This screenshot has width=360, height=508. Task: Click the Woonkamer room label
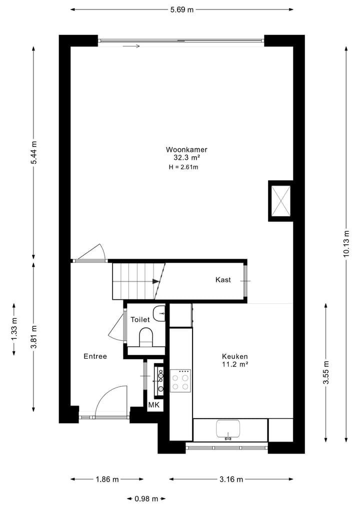tap(186, 149)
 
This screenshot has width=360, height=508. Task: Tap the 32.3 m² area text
tap(186, 157)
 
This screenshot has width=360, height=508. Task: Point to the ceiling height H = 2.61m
tap(184, 167)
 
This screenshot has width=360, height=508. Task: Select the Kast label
tap(223, 280)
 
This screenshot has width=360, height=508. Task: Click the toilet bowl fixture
tap(146, 337)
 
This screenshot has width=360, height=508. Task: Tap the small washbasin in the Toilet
tap(159, 314)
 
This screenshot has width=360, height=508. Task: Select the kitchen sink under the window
tap(228, 429)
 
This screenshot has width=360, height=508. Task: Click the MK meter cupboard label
tap(153, 405)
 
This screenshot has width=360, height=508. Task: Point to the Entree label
tap(95, 356)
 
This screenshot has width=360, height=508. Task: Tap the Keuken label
tap(235, 356)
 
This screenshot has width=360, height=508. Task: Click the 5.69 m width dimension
tap(181, 9)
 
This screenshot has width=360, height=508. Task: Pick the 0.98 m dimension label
tap(146, 498)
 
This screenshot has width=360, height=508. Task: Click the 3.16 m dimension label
tap(231, 480)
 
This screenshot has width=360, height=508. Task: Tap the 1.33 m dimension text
tap(13, 330)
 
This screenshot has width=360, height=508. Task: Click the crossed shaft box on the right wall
tap(280, 200)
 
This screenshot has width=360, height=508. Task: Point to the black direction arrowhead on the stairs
tap(156, 281)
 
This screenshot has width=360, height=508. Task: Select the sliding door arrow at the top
tap(131, 46)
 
